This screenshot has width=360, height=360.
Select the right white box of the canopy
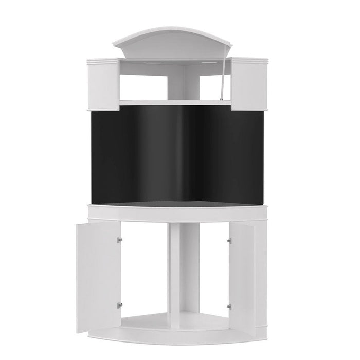point(250,85)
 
